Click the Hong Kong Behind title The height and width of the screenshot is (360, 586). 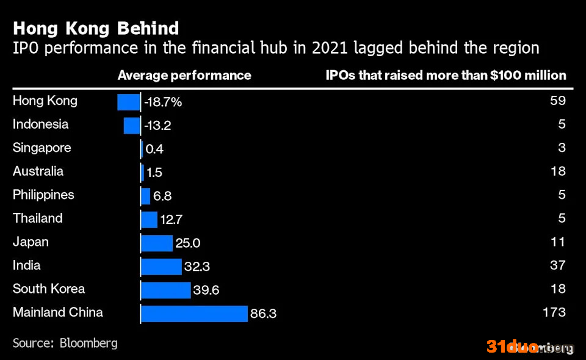pos(96,29)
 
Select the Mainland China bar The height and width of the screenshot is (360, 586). pos(194,313)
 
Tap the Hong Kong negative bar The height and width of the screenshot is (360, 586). pos(129,102)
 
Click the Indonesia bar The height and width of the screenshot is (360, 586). pos(132,126)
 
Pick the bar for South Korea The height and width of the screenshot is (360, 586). pos(166,290)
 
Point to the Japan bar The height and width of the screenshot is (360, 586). pos(157,243)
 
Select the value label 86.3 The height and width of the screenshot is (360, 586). pos(263,313)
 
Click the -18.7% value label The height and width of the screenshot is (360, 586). pos(163,102)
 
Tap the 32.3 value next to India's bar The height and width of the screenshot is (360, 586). pos(197,266)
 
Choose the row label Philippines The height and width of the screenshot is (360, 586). pos(43,195)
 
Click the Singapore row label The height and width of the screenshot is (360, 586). pos(42,148)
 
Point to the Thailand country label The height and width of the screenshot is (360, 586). pos(38,218)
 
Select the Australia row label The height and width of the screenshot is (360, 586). pos(38,171)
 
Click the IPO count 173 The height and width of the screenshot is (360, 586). pos(554,312)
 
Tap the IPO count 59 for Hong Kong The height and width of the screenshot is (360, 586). pos(558,101)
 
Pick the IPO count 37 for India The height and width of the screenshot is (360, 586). pos(558,265)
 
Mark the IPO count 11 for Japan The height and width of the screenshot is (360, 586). pos(558,242)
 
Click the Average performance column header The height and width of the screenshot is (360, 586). pos(184,76)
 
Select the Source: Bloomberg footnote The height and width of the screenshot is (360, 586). pos(65,343)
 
